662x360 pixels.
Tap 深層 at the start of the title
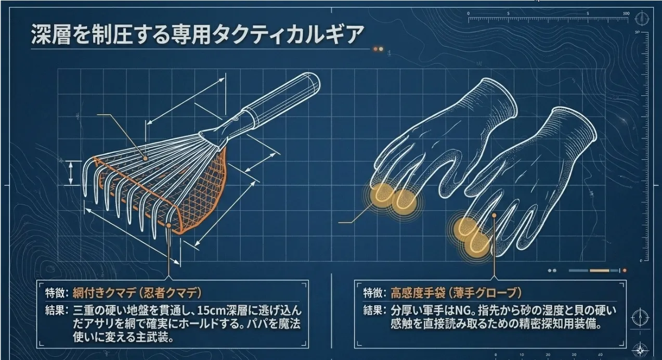pyautogui.click(x=50, y=34)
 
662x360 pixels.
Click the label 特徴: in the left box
pyautogui.click(x=57, y=293)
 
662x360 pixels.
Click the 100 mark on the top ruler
pyautogui.click(x=626, y=14)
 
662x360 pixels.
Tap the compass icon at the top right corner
pyautogui.click(x=642, y=18)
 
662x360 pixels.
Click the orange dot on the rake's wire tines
pyautogui.click(x=145, y=159)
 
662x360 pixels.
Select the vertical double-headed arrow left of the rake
pyautogui.click(x=71, y=173)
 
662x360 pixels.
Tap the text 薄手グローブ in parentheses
pyautogui.click(x=485, y=293)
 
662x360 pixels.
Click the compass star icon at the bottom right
pyautogui.click(x=640, y=350)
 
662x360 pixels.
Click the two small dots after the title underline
pyautogui.click(x=378, y=49)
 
